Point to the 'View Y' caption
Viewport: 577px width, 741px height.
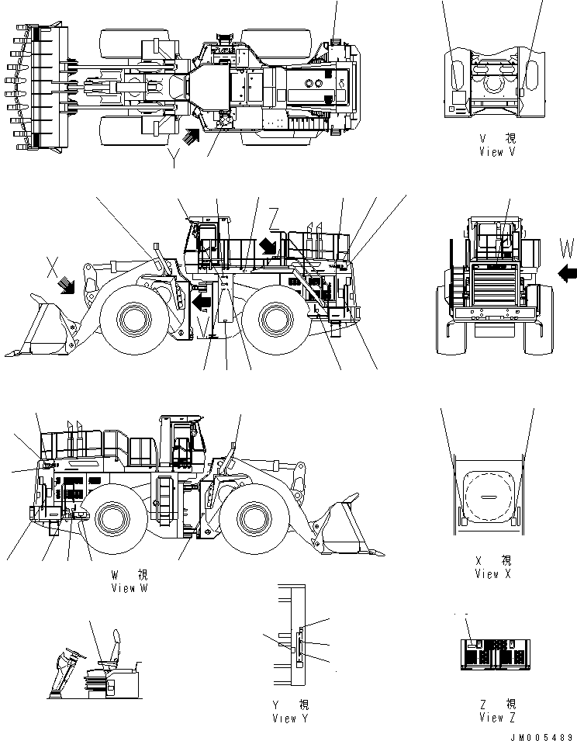click(x=290, y=718)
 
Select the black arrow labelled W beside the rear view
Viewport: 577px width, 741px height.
click(x=567, y=272)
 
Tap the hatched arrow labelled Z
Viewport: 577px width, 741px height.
click(x=267, y=245)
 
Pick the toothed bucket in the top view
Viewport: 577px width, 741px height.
click(x=31, y=88)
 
